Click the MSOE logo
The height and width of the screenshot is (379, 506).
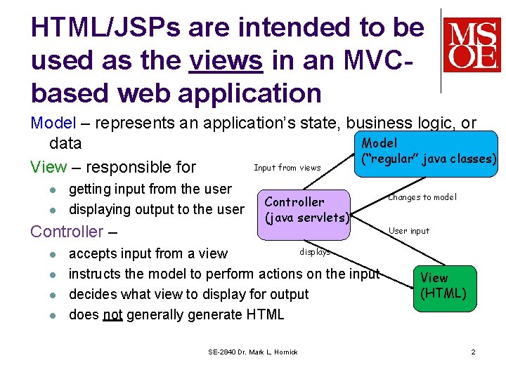[472, 45]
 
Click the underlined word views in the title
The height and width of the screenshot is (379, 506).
[226, 60]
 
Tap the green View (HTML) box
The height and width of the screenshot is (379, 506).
[443, 286]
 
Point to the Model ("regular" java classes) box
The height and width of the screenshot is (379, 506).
[428, 151]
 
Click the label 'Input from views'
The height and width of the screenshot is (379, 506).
[287, 168]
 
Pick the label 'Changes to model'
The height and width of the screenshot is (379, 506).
[422, 197]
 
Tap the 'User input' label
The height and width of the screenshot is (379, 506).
[409, 231]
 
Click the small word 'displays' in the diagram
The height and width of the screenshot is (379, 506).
[314, 251]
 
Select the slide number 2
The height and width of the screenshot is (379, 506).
[473, 352]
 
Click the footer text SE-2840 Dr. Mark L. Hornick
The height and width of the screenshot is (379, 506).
[253, 352]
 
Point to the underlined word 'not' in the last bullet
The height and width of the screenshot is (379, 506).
[112, 314]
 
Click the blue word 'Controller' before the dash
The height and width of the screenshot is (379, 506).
[67, 232]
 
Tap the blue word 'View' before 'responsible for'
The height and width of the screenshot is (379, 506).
[48, 167]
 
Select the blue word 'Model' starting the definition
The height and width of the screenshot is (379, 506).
[53, 123]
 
